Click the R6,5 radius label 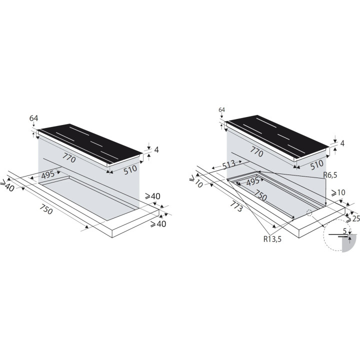point(330,175)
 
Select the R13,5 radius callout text point(272,239)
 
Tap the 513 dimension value point(228,164)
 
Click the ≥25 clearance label point(353,218)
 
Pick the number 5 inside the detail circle point(344,231)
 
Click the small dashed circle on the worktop point(309,212)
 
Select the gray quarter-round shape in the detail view point(349,243)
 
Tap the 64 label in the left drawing point(34,118)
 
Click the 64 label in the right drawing point(222,109)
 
